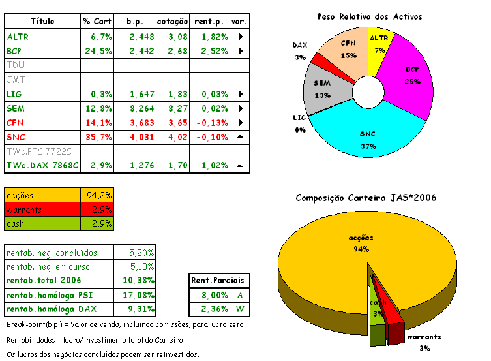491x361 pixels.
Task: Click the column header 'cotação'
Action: tap(173, 22)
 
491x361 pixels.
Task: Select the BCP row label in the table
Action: tap(14, 51)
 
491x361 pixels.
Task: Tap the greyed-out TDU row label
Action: tap(14, 65)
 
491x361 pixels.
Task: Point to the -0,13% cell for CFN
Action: tap(211, 123)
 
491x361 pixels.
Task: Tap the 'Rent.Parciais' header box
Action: tap(212, 281)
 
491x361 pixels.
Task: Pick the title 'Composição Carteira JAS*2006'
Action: tap(366, 198)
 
